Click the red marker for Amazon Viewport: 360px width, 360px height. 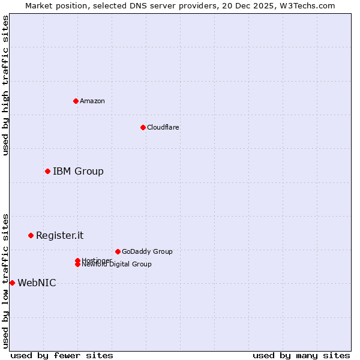[x=76, y=101]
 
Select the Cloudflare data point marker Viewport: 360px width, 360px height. [x=143, y=127]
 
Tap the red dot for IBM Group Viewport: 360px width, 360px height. [x=47, y=172]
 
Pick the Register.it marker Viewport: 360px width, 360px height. [x=31, y=235]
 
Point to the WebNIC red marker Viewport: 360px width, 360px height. [x=12, y=283]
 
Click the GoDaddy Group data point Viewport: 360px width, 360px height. [x=118, y=251]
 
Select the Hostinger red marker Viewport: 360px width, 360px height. [x=77, y=260]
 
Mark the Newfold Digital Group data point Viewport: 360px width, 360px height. [x=77, y=265]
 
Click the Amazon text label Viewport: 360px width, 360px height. [x=92, y=101]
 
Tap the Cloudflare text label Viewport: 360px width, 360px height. [x=163, y=127]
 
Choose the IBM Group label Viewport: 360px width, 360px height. [x=78, y=172]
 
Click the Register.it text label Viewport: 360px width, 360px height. [x=60, y=235]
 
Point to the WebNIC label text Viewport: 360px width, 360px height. [x=37, y=283]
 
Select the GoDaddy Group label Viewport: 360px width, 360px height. [x=147, y=251]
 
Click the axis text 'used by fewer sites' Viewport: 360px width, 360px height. [x=62, y=355]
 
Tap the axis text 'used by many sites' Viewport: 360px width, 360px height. [x=301, y=355]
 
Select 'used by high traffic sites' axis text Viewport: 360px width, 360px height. [x=6, y=85]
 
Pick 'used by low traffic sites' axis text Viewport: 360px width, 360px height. [x=6, y=281]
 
